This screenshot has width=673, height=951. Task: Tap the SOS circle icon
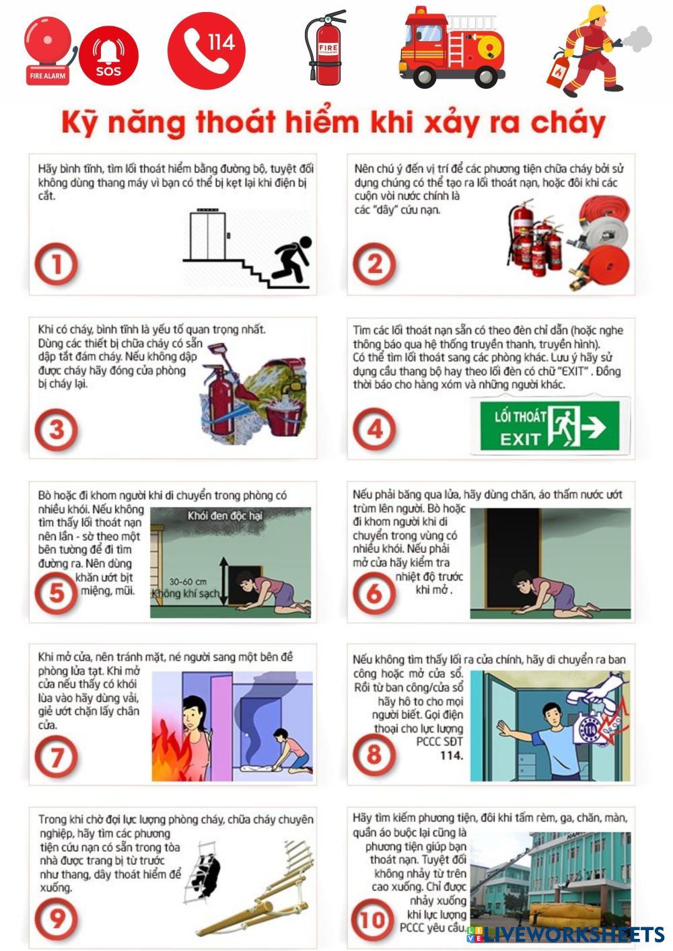click(108, 55)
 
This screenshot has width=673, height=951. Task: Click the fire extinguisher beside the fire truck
click(325, 46)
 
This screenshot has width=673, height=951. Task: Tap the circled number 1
click(56, 264)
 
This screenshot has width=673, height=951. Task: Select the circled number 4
click(374, 429)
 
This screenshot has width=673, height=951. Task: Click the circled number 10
click(372, 919)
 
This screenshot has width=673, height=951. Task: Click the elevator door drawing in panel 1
click(207, 235)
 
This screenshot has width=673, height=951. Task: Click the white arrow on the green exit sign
click(594, 427)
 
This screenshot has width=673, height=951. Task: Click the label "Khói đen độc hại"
click(225, 516)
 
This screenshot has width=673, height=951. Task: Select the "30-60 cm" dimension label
click(188, 582)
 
